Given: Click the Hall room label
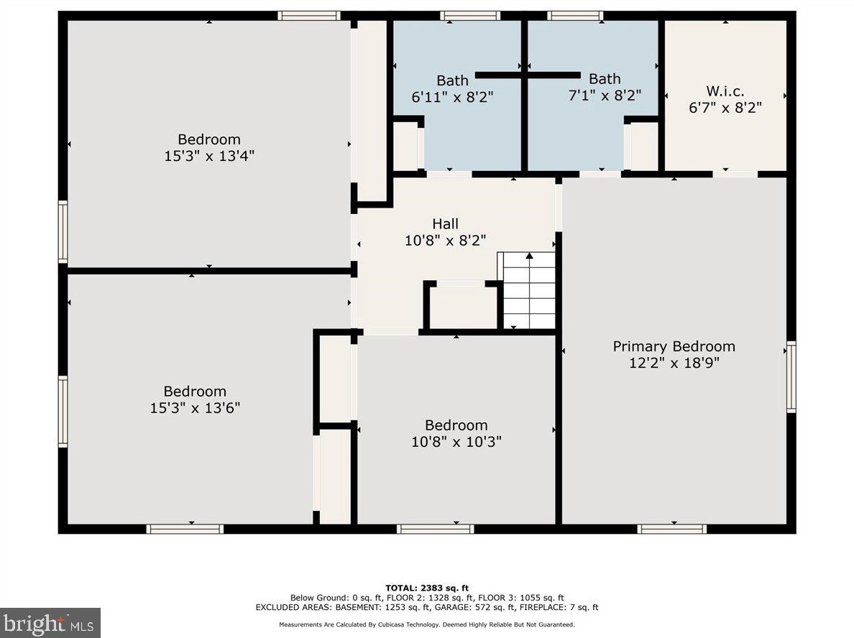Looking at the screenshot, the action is [x=445, y=223].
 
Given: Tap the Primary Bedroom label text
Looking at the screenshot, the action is [x=674, y=347].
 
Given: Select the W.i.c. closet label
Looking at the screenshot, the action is [x=725, y=91].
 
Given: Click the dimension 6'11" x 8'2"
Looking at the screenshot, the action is [x=452, y=98].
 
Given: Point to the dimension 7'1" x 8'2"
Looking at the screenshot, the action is [x=605, y=96].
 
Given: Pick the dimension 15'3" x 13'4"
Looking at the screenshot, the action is [x=209, y=156].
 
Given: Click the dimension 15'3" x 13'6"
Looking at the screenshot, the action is [x=195, y=408].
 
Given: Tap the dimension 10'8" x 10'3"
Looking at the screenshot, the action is [x=456, y=441].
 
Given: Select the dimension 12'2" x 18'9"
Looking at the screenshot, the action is [x=674, y=363].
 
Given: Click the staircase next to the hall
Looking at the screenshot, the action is [x=527, y=290].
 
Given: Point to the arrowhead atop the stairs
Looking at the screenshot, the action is [x=529, y=255].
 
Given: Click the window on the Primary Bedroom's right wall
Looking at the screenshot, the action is [x=791, y=376].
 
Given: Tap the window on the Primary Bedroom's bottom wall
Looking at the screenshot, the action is [x=672, y=529].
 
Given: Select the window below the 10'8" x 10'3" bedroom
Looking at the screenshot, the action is [x=435, y=529].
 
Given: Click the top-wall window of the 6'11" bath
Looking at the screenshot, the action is [x=469, y=16].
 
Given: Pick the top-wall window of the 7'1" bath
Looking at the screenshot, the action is [x=574, y=16].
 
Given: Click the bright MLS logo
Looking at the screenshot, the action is [x=50, y=623].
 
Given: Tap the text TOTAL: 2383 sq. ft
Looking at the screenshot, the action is [x=426, y=588].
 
